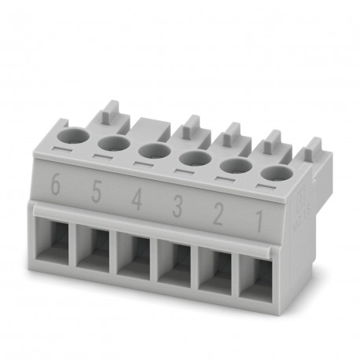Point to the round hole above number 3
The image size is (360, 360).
pos(192,158)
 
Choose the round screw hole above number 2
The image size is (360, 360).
pos(233,166)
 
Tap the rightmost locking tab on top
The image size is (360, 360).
pos(313,148)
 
